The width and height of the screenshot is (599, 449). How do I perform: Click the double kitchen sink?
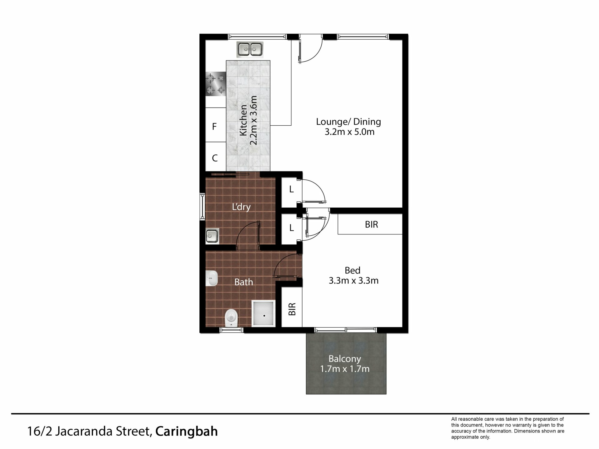pos(250,50)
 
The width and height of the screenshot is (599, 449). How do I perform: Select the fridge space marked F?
pos(216,125)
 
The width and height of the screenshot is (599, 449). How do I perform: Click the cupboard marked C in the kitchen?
pos(216,157)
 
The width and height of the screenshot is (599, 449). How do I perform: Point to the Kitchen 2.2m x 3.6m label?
pos(248,120)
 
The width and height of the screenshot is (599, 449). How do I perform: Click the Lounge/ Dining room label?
pos(349,127)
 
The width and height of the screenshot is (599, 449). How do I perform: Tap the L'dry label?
pos(241,207)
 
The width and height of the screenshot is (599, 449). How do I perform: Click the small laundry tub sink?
pos(212,236)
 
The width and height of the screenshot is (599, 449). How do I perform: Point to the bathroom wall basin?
pos(212,278)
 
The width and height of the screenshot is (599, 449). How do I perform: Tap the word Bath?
pos(244,282)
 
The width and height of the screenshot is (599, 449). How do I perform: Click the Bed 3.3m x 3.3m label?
pos(353,275)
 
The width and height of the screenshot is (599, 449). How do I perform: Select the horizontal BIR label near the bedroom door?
pos(371,224)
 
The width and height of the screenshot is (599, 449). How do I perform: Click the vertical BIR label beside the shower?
pos(292,309)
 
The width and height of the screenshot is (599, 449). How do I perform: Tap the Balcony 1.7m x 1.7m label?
pos(345,364)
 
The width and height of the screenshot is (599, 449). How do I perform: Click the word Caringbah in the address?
pos(187,432)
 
